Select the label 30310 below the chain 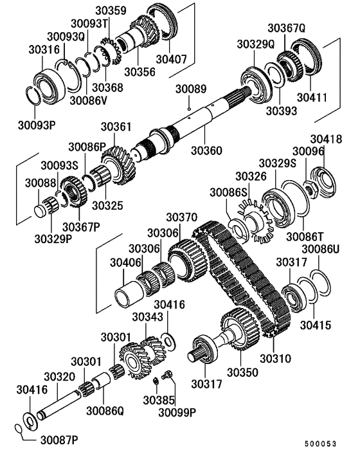click(x=275, y=358)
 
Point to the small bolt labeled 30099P click(x=168, y=376)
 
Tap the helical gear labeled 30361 click(x=116, y=164)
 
